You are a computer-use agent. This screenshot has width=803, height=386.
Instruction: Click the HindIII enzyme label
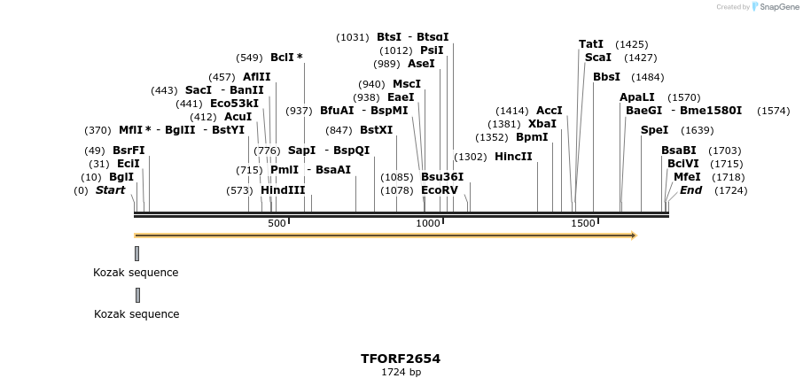[x=282, y=190]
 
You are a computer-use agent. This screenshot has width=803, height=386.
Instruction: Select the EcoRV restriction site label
[x=440, y=190]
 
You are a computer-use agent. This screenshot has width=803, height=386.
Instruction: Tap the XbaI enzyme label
[x=542, y=124]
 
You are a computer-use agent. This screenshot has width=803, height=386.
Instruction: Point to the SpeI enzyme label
[x=654, y=130]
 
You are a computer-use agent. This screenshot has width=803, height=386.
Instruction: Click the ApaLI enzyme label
[x=636, y=97]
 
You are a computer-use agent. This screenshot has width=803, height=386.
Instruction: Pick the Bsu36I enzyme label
[x=441, y=177]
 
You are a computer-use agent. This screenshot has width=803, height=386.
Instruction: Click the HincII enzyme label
[x=513, y=157]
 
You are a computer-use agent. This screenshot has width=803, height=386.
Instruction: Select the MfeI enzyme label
[x=687, y=177]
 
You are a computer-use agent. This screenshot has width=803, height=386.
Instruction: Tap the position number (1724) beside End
[x=730, y=190]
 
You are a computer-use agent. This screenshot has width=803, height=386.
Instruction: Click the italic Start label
[x=110, y=190]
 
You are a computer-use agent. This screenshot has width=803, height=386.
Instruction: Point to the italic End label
[x=690, y=190]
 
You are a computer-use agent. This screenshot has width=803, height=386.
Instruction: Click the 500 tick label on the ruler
[x=277, y=223]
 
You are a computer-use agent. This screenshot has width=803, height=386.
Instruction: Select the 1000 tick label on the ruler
[x=428, y=223]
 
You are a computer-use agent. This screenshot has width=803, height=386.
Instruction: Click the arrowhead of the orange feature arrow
[x=633, y=235]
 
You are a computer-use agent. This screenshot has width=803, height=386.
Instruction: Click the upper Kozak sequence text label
[x=136, y=273]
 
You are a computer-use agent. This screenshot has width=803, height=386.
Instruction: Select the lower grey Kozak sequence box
[x=137, y=295]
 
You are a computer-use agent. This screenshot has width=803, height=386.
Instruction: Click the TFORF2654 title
[x=401, y=359]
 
